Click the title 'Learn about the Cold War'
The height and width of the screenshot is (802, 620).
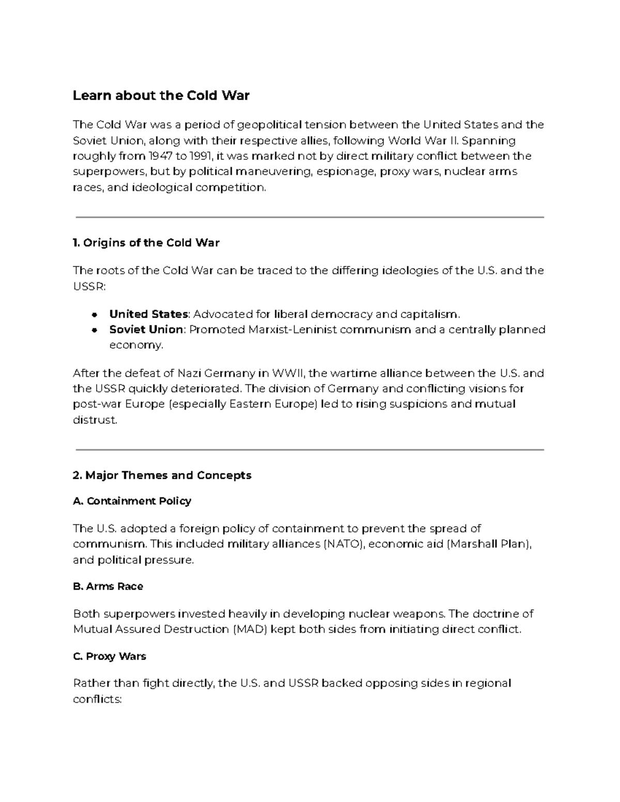(x=161, y=96)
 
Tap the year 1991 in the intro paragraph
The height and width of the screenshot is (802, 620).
(x=200, y=156)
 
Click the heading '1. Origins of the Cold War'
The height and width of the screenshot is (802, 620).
(x=146, y=243)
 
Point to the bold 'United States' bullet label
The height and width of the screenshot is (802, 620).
(x=148, y=314)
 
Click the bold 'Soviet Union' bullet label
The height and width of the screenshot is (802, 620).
(x=146, y=329)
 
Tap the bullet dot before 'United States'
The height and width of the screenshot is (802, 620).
(x=95, y=314)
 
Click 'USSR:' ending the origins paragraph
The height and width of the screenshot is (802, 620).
(x=89, y=286)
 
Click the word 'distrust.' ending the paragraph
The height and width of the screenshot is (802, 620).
(x=95, y=420)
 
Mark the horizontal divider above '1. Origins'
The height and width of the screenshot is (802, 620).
(x=310, y=217)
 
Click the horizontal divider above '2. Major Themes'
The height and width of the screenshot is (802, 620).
(x=310, y=450)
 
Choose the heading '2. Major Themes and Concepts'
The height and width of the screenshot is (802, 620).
(x=162, y=475)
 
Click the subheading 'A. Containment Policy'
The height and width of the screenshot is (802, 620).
(x=132, y=501)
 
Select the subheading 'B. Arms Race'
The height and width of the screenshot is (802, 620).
(x=108, y=586)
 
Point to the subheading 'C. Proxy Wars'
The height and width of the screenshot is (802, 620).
(x=110, y=656)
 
